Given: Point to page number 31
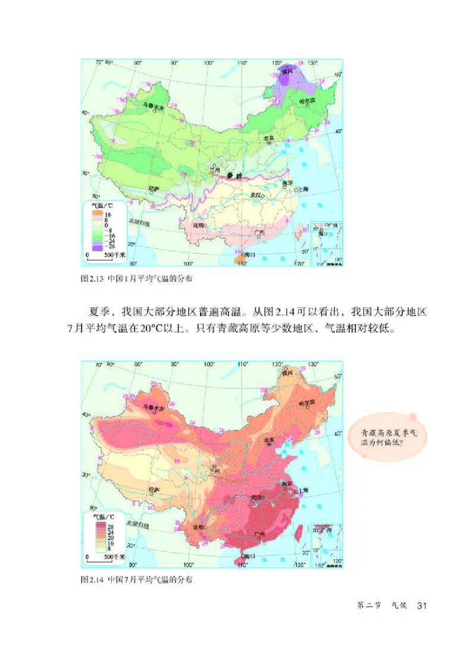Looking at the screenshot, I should pos(423,605).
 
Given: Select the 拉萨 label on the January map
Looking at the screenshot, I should pos(154,189).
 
